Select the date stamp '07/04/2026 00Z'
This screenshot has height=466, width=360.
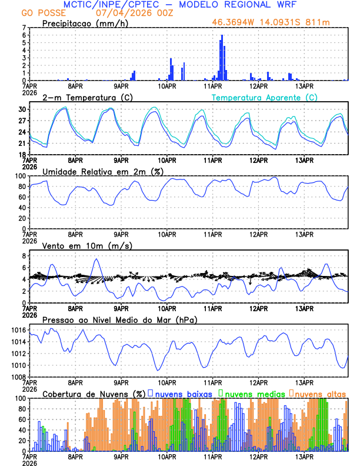[125, 13]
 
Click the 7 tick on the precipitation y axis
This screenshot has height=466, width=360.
[24, 28]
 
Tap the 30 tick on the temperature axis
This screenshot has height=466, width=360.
[22, 109]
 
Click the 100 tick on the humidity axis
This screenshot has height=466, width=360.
[20, 176]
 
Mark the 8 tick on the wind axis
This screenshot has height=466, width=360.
[24, 256]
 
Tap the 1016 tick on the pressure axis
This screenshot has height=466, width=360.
[18, 331]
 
